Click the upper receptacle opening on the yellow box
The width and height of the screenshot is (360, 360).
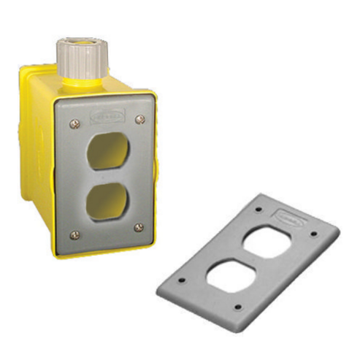click(x=107, y=149)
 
